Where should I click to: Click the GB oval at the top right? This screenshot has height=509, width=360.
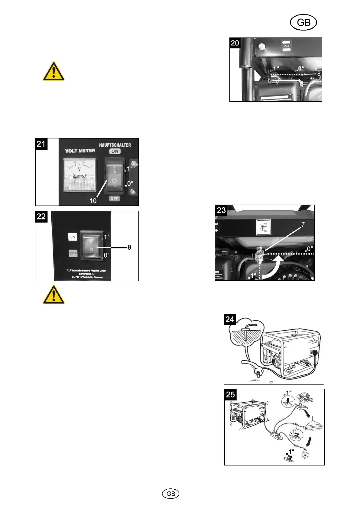coord(303,23)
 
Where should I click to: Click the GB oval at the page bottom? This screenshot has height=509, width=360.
coord(171,493)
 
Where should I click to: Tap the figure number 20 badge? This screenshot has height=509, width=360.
coord(235,43)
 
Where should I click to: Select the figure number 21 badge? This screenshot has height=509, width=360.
coord(41,144)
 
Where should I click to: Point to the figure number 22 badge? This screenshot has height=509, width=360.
coord(41,216)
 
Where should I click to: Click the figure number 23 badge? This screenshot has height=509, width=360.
coord(221,210)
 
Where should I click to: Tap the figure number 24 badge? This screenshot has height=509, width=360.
coord(230,319)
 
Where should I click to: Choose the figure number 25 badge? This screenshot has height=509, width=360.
coord(230,394)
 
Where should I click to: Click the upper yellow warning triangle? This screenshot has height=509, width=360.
coord(54,71)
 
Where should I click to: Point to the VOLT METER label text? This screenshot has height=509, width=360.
coord(80,151)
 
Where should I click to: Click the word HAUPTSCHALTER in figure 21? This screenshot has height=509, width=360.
coord(115,145)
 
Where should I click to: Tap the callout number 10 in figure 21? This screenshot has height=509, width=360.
coord(93,201)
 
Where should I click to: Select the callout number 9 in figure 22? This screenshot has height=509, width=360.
coord(129,247)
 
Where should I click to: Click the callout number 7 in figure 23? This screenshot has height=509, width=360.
coord(303,225)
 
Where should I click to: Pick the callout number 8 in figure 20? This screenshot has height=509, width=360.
coord(319,73)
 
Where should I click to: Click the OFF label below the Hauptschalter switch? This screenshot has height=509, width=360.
coord(115,198)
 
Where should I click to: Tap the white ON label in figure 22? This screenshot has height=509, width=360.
coord(73,237)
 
